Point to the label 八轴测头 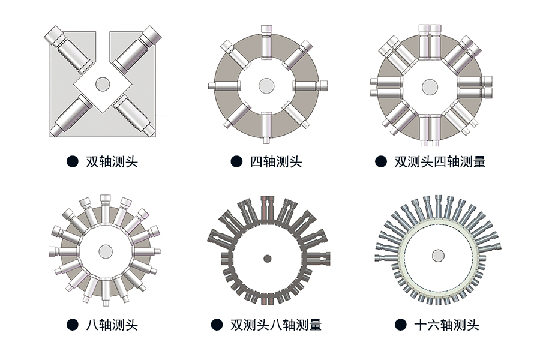pyautogui.click(x=112, y=325)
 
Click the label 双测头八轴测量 pyautogui.click(x=275, y=325)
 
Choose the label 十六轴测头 pyautogui.click(x=446, y=325)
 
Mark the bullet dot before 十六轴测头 pyautogui.click(x=400, y=325)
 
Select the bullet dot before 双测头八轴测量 pyautogui.click(x=217, y=325)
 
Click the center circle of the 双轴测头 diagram pyautogui.click(x=101, y=84)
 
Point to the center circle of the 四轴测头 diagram pyautogui.click(x=266, y=86)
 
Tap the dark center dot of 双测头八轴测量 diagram pyautogui.click(x=268, y=259)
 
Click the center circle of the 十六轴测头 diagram pyautogui.click(x=438, y=256)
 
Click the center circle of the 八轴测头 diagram pyautogui.click(x=106, y=251)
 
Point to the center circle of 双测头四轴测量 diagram pyautogui.click(x=429, y=86)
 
